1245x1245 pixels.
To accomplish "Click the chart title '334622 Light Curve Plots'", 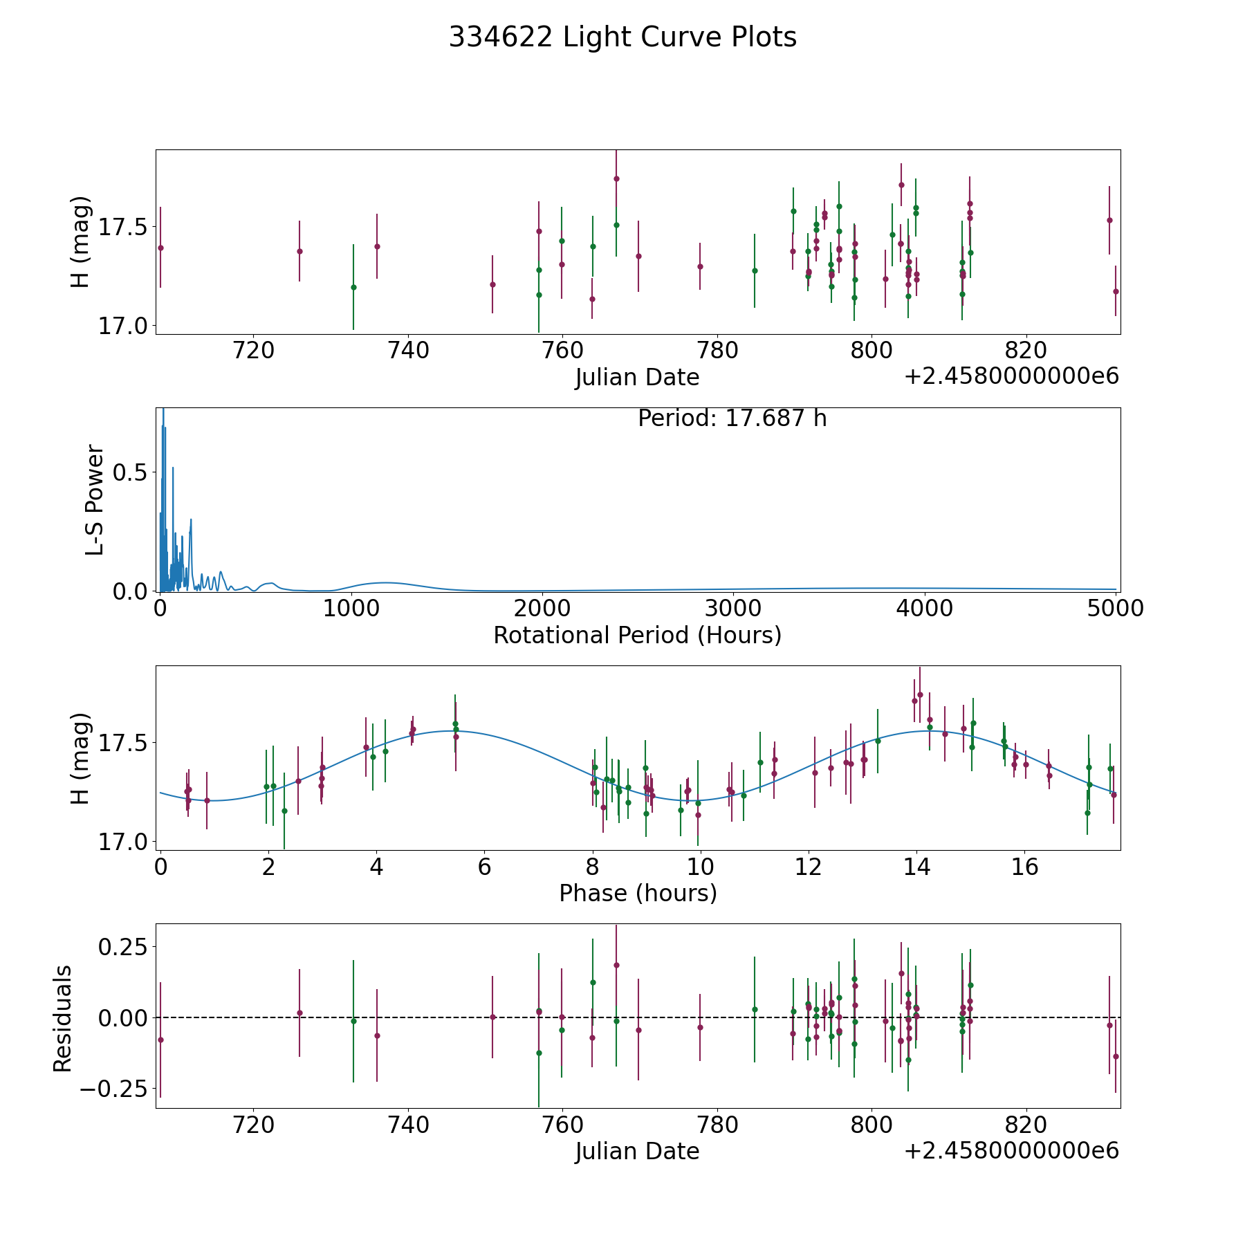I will tap(622, 37).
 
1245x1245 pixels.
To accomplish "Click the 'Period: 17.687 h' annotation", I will tap(732, 418).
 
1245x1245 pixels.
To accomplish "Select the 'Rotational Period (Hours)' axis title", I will tap(637, 635).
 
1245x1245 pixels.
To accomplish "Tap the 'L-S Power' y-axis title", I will tap(95, 500).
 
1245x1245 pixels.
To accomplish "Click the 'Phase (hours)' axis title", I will tap(638, 893).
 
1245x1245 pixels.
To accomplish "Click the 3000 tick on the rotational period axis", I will tap(732, 609).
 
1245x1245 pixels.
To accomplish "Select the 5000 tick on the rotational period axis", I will tap(1114, 609).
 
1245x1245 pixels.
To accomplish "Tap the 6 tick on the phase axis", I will tap(484, 867).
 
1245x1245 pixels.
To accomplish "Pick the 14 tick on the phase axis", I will tap(916, 867).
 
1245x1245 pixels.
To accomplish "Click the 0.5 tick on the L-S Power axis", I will tap(131, 472).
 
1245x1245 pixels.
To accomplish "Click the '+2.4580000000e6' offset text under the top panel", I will tap(1011, 376).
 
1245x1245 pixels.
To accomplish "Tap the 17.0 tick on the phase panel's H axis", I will tap(119, 842).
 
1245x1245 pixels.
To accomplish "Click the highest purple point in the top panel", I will tap(616, 178).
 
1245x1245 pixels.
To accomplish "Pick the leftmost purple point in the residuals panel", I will tap(160, 1040).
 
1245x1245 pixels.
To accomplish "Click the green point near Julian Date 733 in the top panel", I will tap(353, 287).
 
